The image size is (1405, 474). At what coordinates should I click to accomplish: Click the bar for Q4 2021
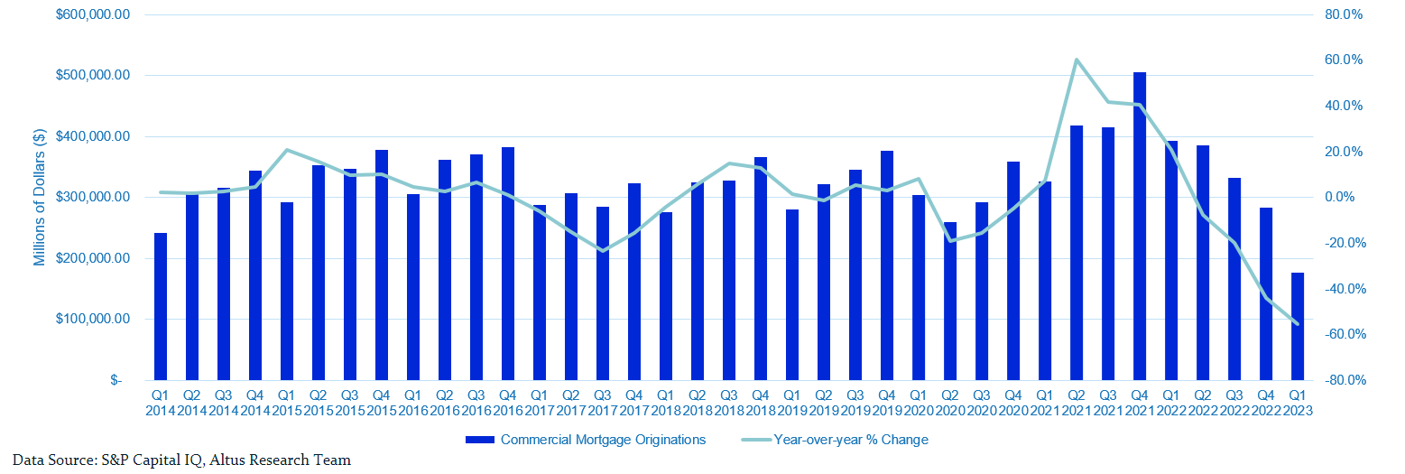click(x=1140, y=226)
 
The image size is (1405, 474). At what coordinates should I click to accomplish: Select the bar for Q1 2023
click(x=1298, y=326)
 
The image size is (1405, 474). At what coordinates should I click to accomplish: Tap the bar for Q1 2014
click(x=161, y=306)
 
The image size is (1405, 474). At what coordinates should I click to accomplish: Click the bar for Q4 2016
click(x=508, y=263)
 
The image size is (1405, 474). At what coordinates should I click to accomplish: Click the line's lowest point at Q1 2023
click(x=1298, y=324)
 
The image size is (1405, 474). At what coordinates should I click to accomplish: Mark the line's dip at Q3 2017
click(x=603, y=251)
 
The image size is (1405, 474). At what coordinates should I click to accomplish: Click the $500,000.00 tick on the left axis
click(x=92, y=76)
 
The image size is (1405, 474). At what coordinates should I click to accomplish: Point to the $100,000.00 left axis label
click(x=92, y=320)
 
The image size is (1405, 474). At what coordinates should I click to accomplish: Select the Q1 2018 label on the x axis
click(x=666, y=402)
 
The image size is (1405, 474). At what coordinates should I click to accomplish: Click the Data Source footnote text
click(x=181, y=460)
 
